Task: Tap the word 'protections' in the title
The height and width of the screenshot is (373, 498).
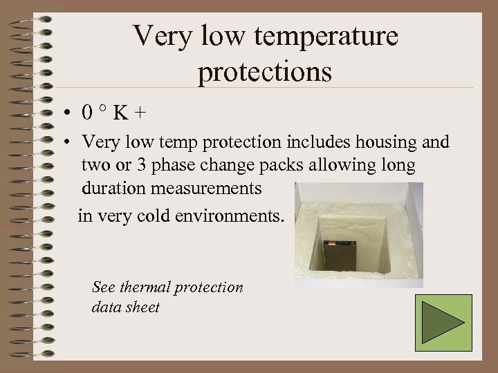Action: coord(265,72)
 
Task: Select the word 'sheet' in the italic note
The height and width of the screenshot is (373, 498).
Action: coord(142,307)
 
